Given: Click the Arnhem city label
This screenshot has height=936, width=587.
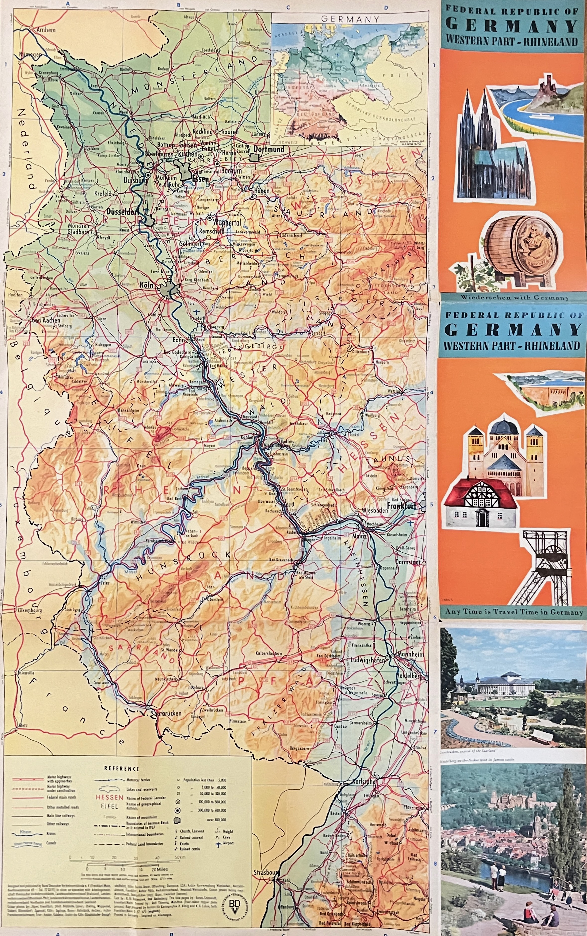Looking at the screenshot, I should pos(46,29).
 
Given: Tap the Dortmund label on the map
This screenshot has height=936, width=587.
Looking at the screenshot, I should pos(269,149).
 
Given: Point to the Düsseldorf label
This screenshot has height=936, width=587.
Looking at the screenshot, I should pos(122,212).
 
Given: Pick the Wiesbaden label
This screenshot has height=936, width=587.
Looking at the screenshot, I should pos(374,511).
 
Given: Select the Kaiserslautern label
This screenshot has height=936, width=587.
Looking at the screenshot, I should pos(269,653).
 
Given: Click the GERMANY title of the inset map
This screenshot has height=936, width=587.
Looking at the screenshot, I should pos(350,19).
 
